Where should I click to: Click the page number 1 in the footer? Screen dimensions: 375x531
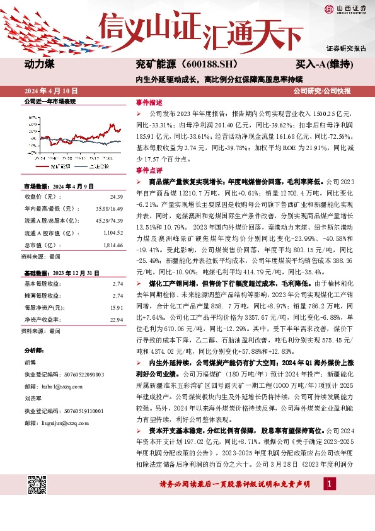point(328,484)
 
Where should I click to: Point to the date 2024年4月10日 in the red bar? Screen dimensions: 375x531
point(49,91)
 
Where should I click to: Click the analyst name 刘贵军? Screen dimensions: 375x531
point(33,399)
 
